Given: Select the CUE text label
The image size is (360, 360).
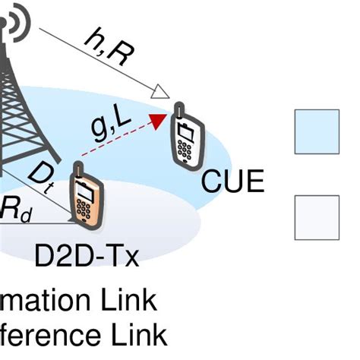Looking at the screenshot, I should pyautogui.click(x=232, y=182).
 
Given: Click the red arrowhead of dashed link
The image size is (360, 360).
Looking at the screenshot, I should pyautogui.click(x=158, y=120).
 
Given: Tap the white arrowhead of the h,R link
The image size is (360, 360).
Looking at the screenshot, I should pyautogui.click(x=159, y=93).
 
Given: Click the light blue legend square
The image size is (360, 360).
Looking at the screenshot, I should pyautogui.click(x=316, y=131).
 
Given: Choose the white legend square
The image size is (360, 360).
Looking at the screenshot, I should pyautogui.click(x=316, y=217).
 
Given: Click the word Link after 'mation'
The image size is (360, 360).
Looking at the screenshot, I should pyautogui.click(x=125, y=301).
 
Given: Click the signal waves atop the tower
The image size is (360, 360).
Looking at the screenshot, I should pyautogui.click(x=17, y=19).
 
